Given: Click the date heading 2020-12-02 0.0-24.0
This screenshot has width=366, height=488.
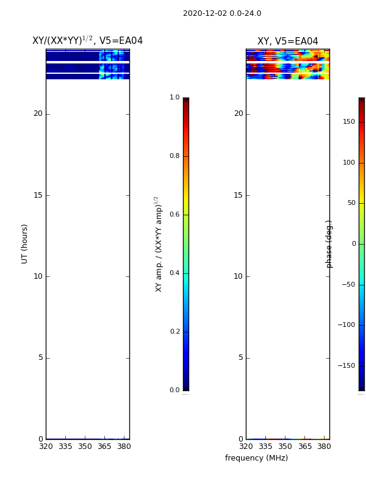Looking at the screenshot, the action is coord(222,13).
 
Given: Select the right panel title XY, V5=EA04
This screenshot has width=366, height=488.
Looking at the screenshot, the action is coord(287,41).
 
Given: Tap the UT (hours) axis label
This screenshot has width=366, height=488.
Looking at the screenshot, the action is coord(24,244).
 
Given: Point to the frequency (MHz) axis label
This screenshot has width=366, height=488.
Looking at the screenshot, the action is coord(256,458).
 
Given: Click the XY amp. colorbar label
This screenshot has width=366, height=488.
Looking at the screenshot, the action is coord(159,245).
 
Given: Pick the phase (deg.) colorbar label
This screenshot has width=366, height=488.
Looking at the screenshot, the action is coord(329,245).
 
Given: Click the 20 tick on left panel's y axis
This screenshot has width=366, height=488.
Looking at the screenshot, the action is coord(38,113).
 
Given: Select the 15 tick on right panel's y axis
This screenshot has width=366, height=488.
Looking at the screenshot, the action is coord(238,195).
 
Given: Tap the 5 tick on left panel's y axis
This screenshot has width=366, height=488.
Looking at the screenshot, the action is coord(41,357).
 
